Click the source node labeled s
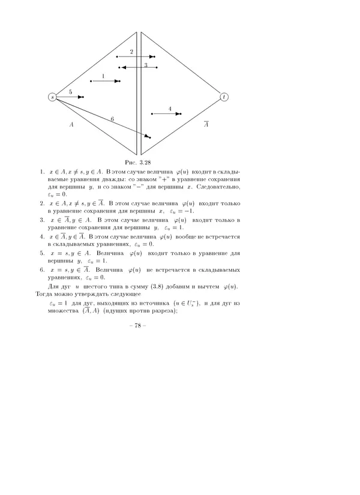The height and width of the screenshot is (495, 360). [x=52, y=97]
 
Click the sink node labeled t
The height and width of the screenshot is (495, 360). [x=224, y=97]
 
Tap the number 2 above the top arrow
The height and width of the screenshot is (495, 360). [x=131, y=52]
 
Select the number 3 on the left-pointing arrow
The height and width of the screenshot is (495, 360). [x=146, y=65]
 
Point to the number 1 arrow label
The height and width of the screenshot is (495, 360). [x=103, y=76]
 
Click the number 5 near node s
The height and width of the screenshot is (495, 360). [x=70, y=92]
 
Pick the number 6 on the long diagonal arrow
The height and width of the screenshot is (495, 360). [x=112, y=119]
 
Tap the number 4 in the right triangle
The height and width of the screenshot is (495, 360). [x=170, y=109]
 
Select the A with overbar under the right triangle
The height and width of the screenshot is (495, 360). [x=206, y=124]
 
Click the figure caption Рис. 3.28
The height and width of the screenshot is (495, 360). [x=137, y=162]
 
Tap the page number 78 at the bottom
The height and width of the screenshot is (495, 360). [x=138, y=326]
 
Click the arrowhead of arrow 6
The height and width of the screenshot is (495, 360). [x=148, y=137]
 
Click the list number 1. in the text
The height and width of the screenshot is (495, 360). [x=42, y=172]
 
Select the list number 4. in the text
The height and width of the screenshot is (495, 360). [x=42, y=236]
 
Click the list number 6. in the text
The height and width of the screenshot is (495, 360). [x=42, y=269]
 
